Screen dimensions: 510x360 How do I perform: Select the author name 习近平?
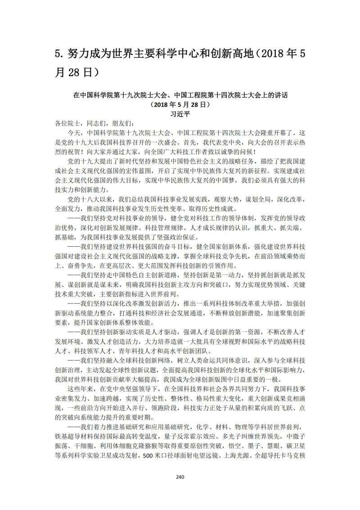pyautogui.click(x=180, y=114)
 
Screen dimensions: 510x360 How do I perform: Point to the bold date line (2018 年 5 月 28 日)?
pyautogui.click(x=180, y=105)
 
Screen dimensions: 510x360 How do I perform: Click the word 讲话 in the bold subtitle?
pyautogui.click(x=280, y=96)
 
